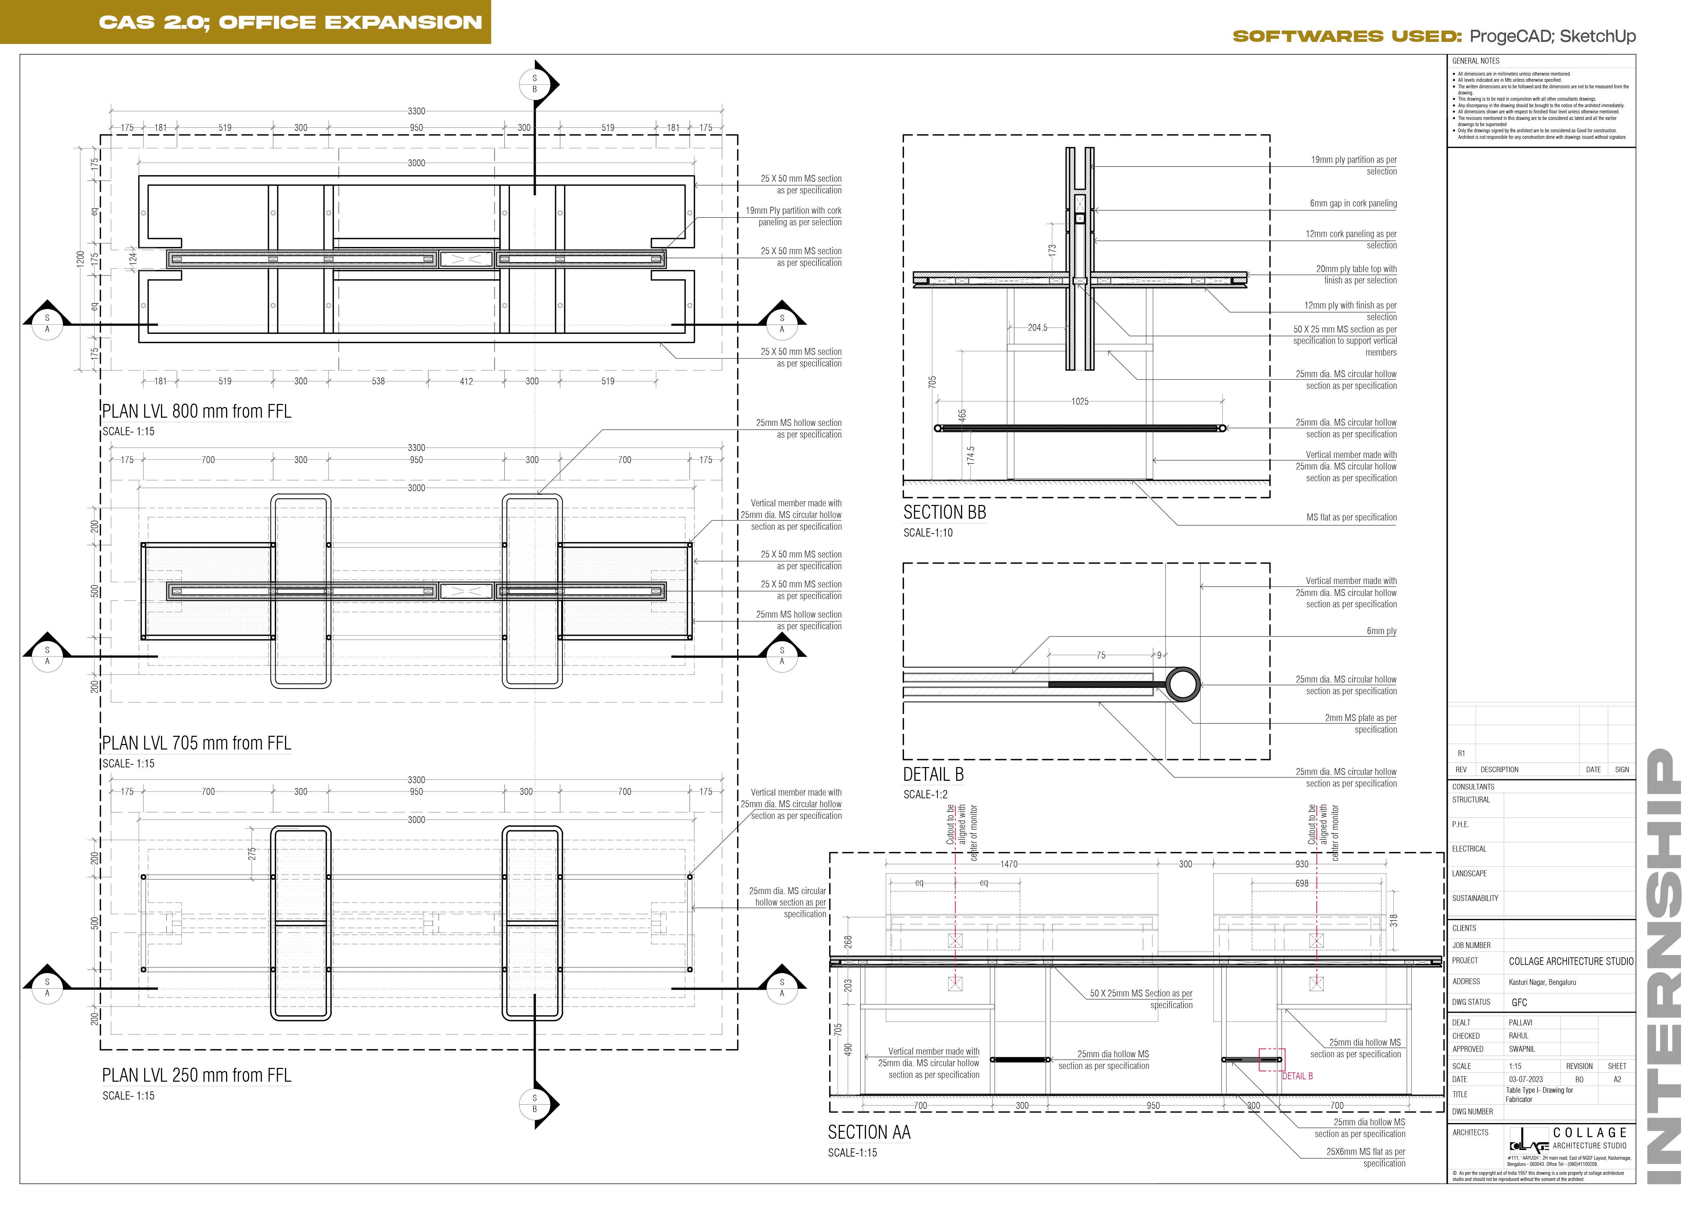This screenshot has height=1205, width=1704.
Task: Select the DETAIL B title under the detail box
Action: click(x=933, y=775)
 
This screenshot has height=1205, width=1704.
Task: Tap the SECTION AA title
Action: click(x=868, y=1133)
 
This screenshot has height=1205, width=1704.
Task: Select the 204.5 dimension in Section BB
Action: click(x=1037, y=328)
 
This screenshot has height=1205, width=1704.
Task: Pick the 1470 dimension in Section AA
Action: click(x=1008, y=865)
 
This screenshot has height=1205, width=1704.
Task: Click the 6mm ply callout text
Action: click(x=1381, y=631)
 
